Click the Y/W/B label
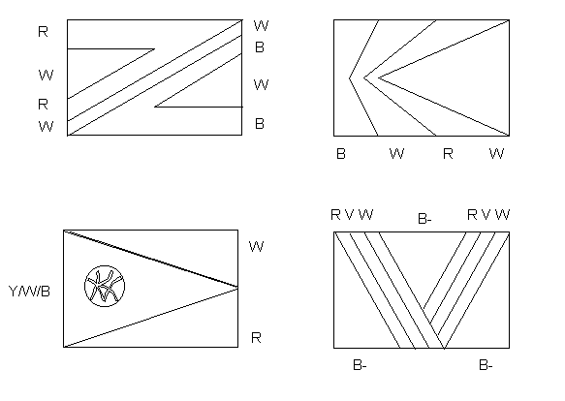click(x=29, y=292)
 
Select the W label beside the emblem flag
click(x=256, y=246)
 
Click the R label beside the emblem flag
click(x=256, y=338)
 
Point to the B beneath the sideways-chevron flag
click(x=341, y=154)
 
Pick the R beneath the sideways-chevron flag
click(x=448, y=154)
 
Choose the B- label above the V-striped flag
click(x=424, y=218)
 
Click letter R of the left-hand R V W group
click(x=335, y=215)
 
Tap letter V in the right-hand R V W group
click(x=486, y=215)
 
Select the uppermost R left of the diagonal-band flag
click(x=43, y=32)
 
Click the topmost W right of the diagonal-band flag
click(x=262, y=25)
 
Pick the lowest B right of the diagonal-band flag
click(x=260, y=124)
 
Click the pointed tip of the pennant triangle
click(x=237, y=287)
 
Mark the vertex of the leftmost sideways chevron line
click(x=349, y=77)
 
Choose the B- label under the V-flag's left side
click(x=360, y=365)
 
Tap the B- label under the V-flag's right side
click(x=486, y=365)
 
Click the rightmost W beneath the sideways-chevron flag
click(x=496, y=154)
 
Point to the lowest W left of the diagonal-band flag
click(x=46, y=127)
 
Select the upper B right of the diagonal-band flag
click(x=260, y=47)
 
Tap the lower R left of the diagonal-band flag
click(x=43, y=105)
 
